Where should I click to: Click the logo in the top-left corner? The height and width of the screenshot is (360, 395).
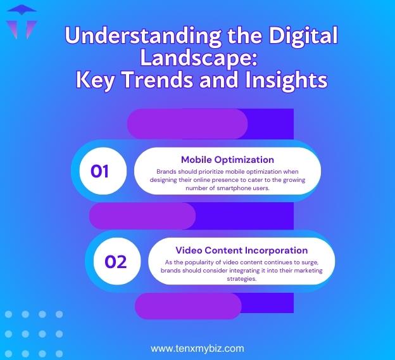click(21, 21)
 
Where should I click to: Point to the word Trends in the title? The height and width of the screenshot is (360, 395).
click(169, 80)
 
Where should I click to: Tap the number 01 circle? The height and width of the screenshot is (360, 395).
click(100, 170)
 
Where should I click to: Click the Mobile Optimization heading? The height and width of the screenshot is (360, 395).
click(227, 159)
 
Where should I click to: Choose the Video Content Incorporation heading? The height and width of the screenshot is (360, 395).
click(241, 250)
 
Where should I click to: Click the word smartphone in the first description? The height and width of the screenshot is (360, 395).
click(233, 188)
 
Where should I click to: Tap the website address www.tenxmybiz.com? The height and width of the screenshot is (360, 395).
click(197, 348)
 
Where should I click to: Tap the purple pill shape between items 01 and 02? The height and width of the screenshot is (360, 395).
click(142, 215)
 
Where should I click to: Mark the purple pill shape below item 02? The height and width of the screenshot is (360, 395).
click(188, 306)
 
